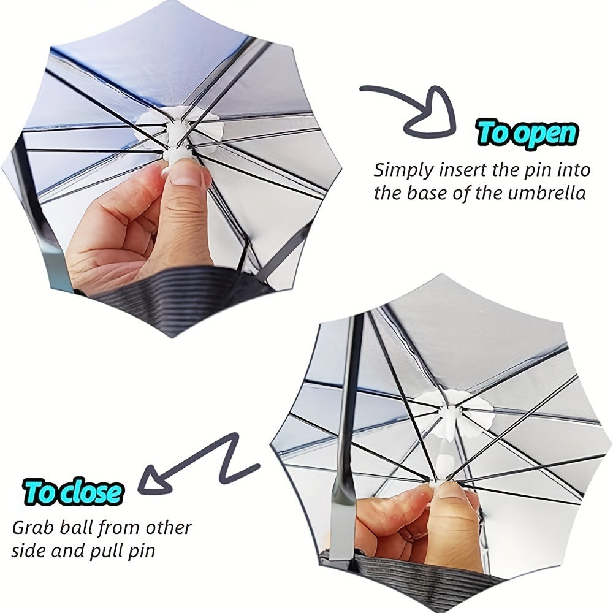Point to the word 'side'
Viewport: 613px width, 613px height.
[30, 550]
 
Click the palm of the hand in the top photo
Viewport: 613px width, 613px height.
[107, 245]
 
